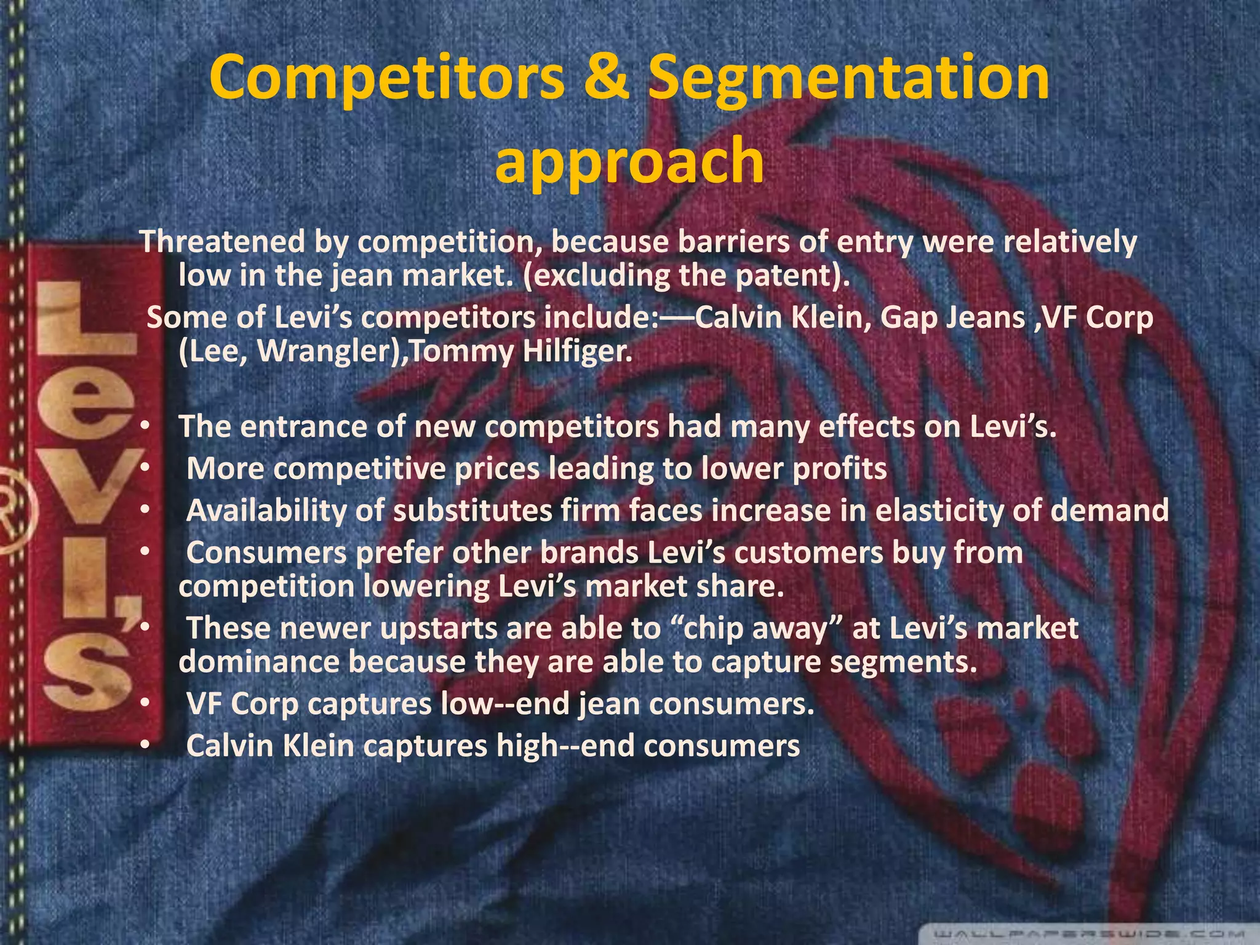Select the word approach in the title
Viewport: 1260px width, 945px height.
(x=629, y=161)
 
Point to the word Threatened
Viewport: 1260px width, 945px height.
(x=222, y=241)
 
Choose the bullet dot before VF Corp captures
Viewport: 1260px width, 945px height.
(x=143, y=703)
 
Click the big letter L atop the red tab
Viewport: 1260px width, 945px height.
(x=86, y=320)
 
